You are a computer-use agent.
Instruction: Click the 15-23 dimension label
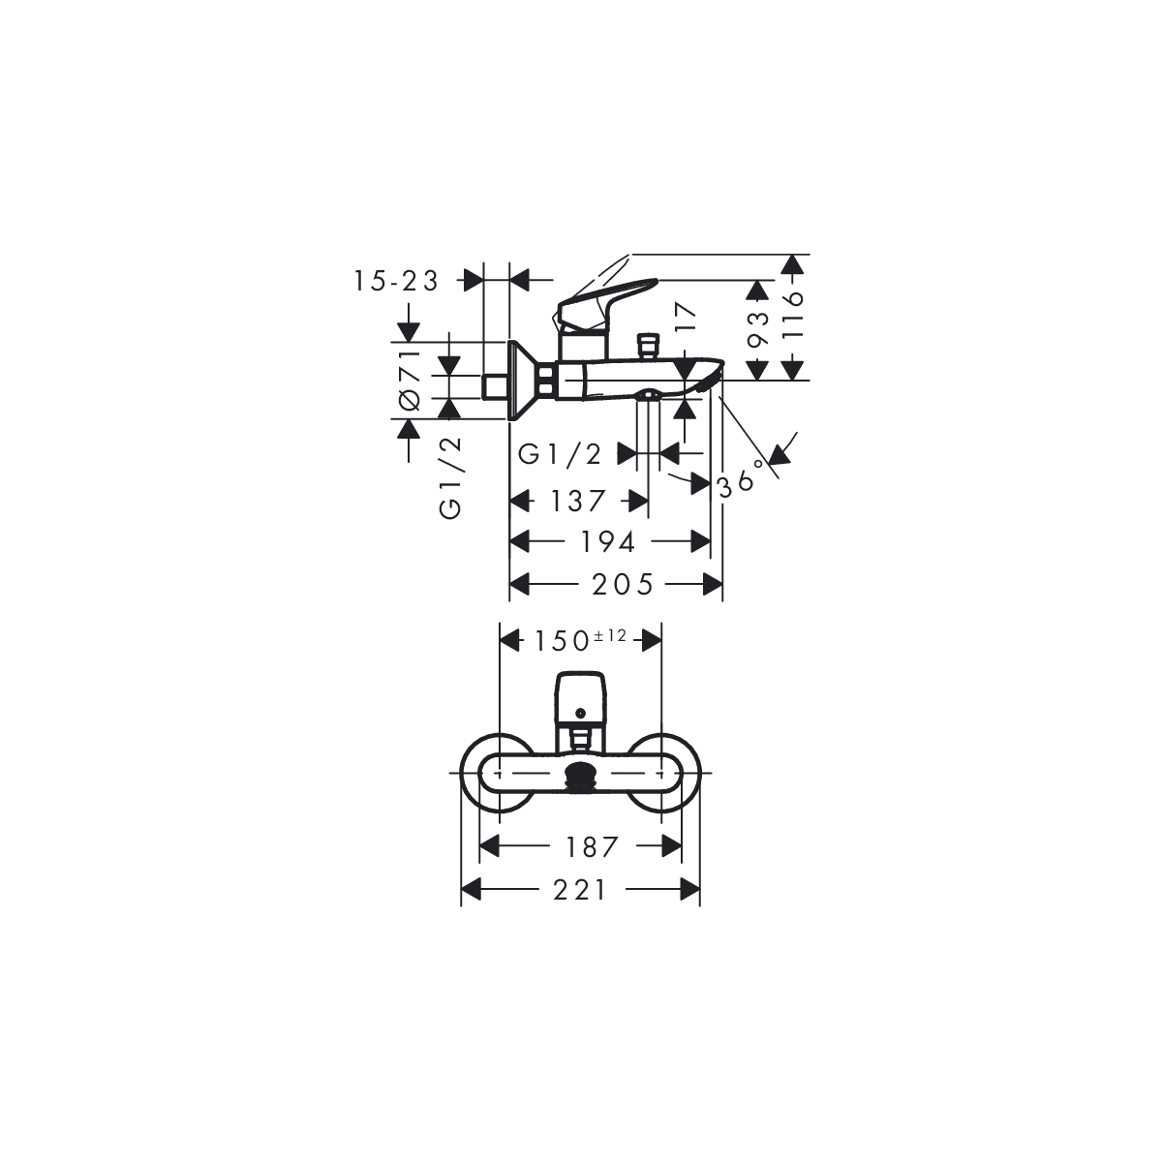click(x=396, y=281)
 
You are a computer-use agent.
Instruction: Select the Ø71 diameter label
click(x=410, y=381)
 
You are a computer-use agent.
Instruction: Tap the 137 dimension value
click(x=578, y=501)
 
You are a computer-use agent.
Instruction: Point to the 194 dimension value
click(x=608, y=542)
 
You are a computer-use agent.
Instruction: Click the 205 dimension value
click(x=623, y=584)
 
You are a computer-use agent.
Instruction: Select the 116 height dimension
click(x=795, y=315)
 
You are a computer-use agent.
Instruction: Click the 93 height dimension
click(x=758, y=329)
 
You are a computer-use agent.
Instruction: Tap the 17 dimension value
click(x=686, y=316)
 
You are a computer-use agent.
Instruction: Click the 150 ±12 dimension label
click(x=581, y=640)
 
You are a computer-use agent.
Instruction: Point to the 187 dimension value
click(x=593, y=846)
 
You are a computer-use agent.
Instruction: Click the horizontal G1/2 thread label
click(x=561, y=454)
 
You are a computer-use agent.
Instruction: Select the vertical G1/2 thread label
click(x=450, y=477)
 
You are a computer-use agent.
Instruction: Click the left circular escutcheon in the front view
click(x=498, y=773)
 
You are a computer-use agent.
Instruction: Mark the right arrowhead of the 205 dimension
click(x=713, y=584)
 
